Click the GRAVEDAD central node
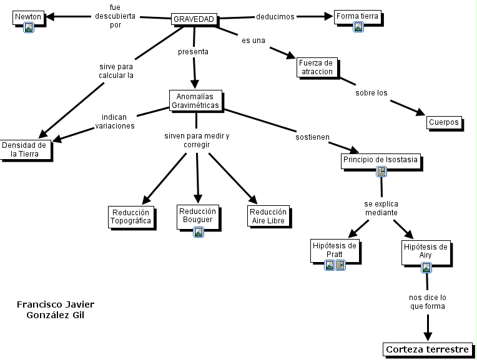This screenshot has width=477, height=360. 194,19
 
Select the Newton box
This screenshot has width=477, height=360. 28,16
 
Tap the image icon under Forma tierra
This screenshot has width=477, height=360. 358,27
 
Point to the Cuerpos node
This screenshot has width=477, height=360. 444,122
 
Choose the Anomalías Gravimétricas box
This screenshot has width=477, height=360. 196,100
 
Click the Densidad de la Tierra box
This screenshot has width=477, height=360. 25,149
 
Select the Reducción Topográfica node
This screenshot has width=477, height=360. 130,216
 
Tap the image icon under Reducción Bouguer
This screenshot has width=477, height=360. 198,232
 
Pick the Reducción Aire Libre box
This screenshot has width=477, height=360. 268,216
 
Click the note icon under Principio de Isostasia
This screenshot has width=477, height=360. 381,172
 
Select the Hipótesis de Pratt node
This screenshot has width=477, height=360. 335,250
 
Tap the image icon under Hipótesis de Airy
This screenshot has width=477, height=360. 426,268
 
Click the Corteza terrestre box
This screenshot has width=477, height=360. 427,349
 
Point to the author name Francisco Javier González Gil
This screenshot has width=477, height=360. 56,309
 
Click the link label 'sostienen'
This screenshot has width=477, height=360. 312,137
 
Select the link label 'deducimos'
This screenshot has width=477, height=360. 275,17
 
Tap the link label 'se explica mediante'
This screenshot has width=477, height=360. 381,208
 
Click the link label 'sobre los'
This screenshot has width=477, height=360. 371,93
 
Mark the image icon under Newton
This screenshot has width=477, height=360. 28,27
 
